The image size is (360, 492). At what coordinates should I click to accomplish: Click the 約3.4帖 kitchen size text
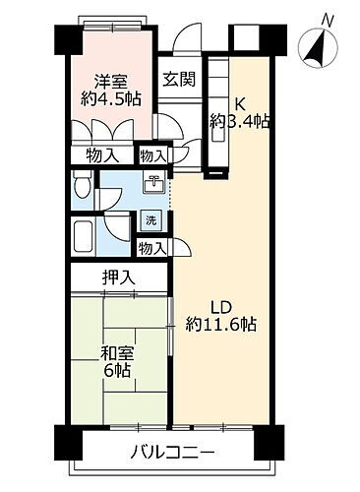click(x=240, y=122)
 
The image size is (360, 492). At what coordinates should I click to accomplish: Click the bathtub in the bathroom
click(x=83, y=237)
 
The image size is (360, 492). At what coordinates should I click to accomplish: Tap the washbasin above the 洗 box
click(x=154, y=184)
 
